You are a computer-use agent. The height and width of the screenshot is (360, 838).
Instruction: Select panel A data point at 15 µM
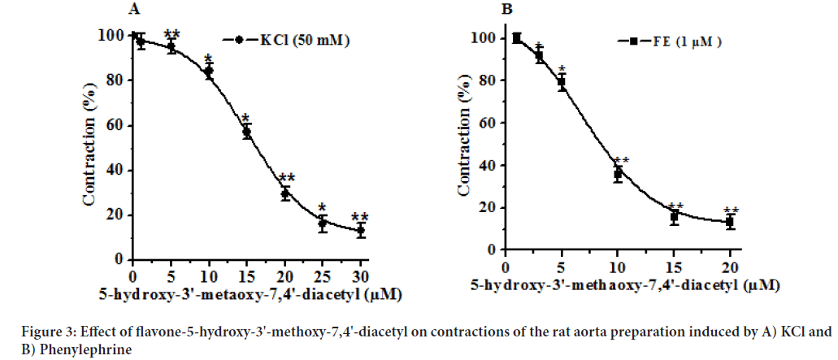pos(247,132)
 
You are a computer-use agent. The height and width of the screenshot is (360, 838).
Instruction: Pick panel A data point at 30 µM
pos(361,231)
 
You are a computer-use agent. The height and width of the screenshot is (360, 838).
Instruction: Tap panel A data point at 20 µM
pos(285,193)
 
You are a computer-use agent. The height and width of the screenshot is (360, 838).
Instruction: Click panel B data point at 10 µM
pos(618,174)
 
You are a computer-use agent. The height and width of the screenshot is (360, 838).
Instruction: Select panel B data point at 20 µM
pos(730,221)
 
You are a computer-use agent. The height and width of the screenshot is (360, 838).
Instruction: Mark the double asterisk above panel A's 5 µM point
pos(172,34)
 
